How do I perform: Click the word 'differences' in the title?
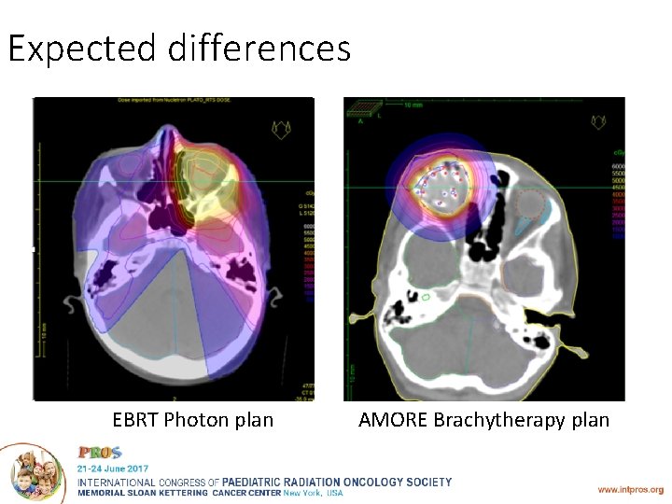(x=260, y=47)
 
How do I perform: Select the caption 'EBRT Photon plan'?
(x=193, y=420)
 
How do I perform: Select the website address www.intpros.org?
(x=631, y=488)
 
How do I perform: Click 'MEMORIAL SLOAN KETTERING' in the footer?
(x=142, y=493)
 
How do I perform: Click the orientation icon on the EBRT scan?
(x=280, y=126)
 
